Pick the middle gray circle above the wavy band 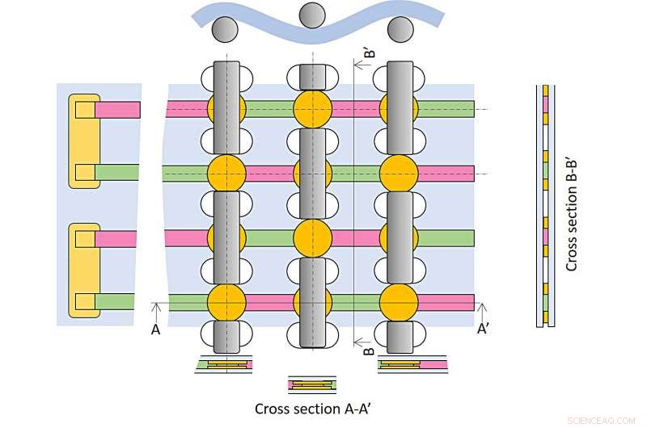(311, 14)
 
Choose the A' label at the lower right (483, 329)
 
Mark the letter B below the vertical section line (368, 351)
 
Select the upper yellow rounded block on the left (82, 141)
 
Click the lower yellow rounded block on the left (82, 271)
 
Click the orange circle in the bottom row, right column (399, 301)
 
